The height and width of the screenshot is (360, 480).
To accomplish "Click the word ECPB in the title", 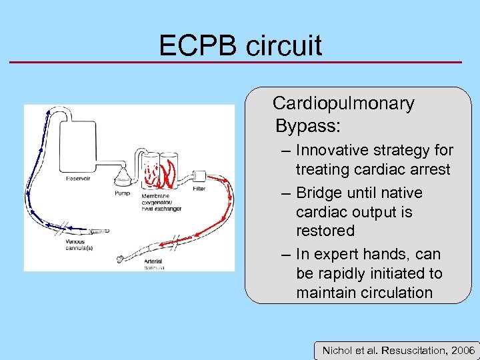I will click(x=198, y=45).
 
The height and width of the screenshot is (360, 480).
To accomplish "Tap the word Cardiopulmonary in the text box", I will click(x=343, y=103).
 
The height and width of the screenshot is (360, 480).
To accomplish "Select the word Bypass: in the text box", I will click(x=303, y=125).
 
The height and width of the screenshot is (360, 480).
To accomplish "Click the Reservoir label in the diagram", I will click(x=79, y=178).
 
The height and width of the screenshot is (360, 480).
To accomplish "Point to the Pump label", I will click(x=122, y=193).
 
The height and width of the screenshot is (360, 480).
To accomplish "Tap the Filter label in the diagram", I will click(x=199, y=189).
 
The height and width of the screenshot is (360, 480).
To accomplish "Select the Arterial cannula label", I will click(x=155, y=265).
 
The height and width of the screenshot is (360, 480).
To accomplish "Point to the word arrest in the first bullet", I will click(x=428, y=169).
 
